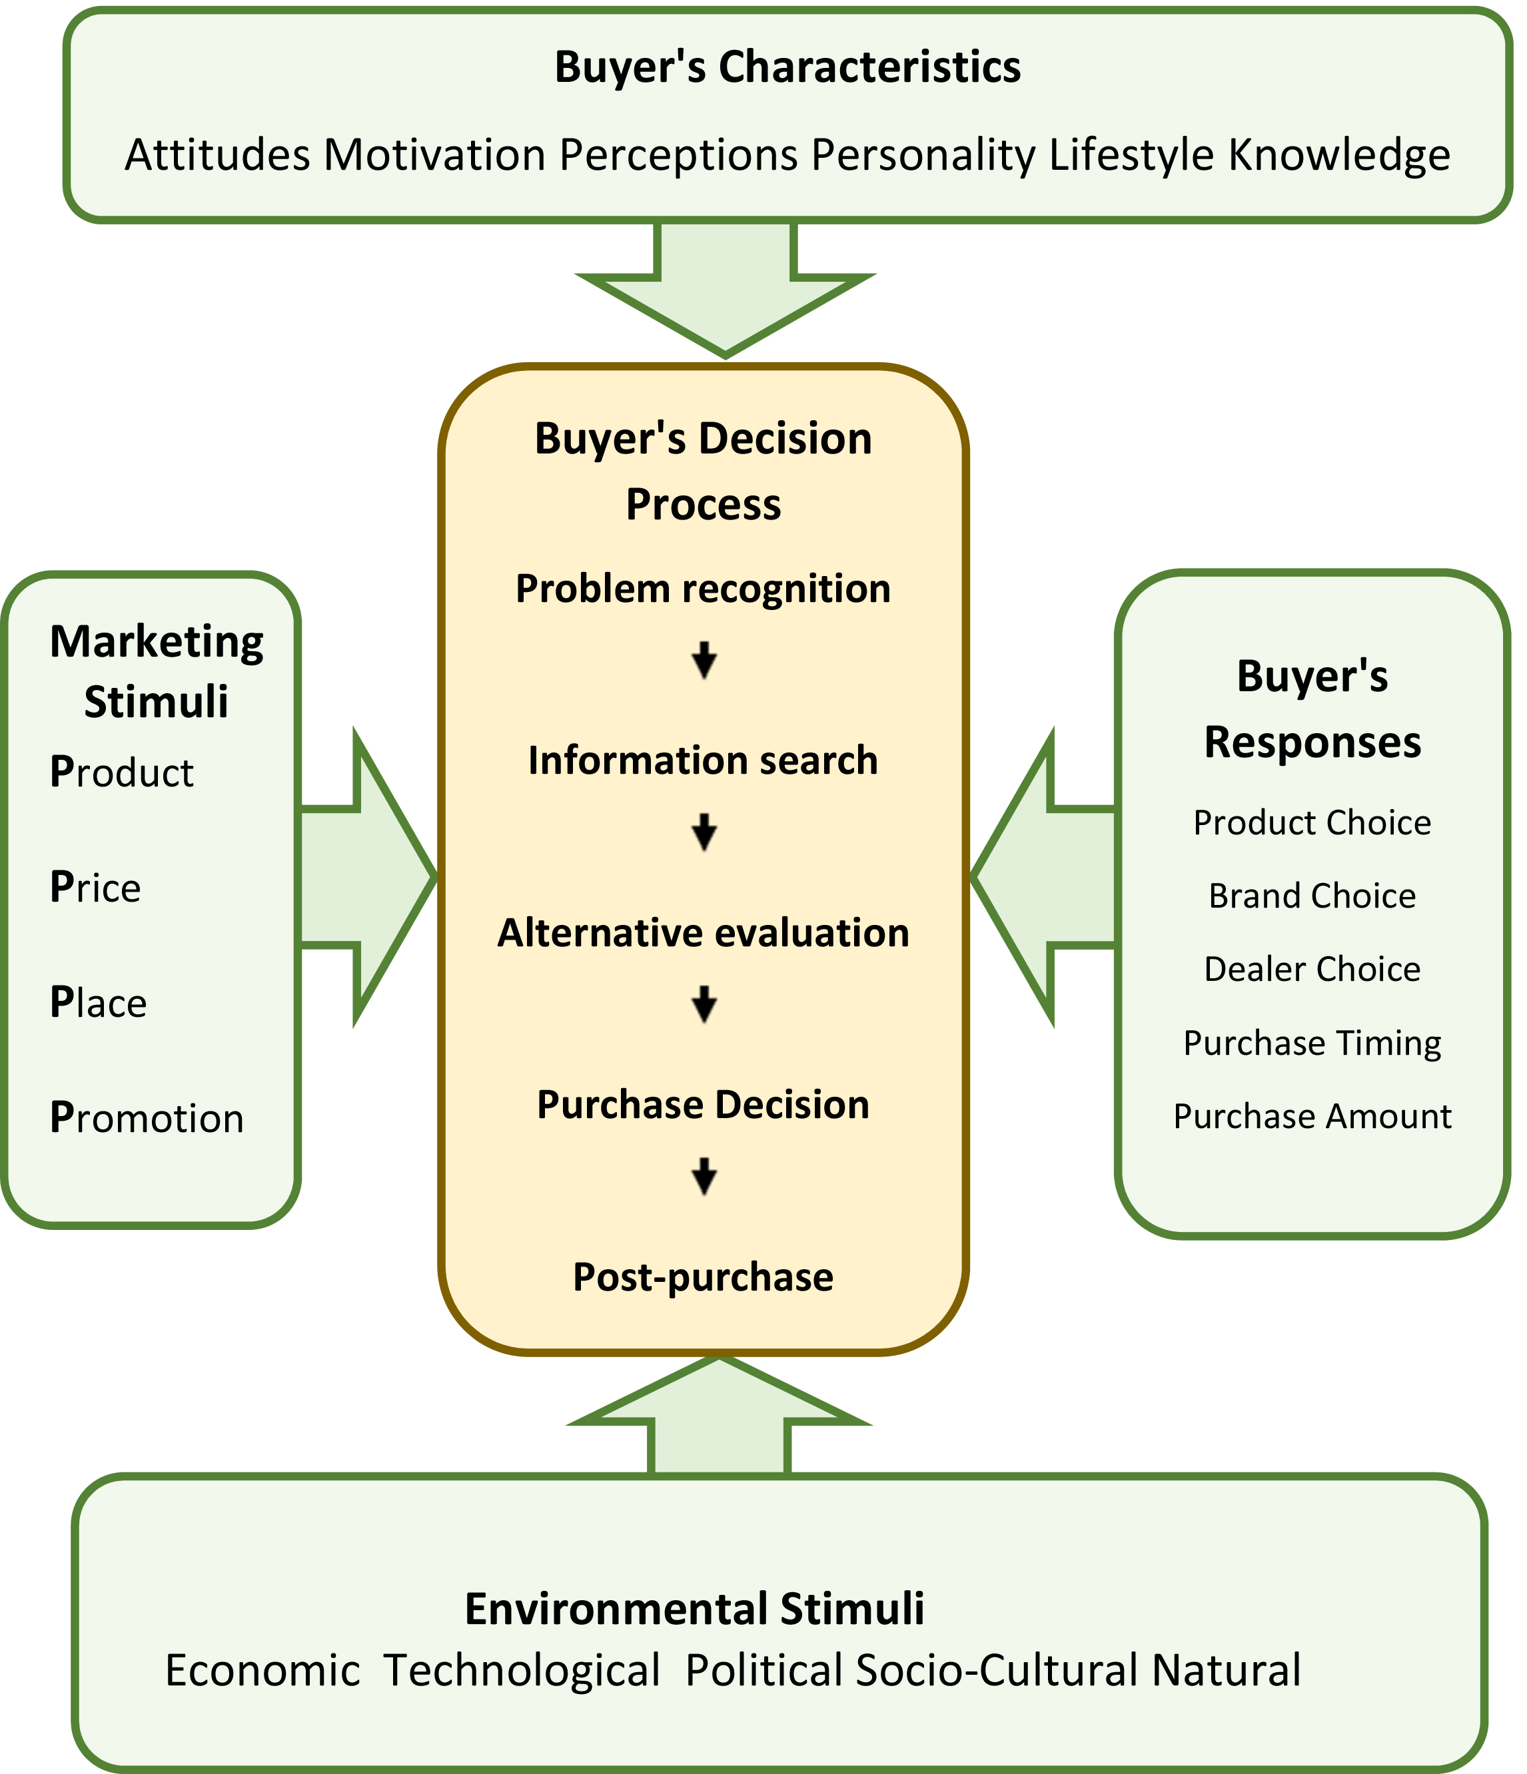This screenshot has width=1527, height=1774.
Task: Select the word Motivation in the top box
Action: pyautogui.click(x=434, y=156)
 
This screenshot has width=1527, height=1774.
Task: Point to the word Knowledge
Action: pyautogui.click(x=1339, y=156)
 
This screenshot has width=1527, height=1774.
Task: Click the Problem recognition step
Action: pyautogui.click(x=703, y=589)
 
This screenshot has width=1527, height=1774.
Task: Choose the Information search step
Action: pyautogui.click(x=703, y=760)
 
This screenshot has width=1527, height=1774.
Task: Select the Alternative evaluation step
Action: pyautogui.click(x=703, y=932)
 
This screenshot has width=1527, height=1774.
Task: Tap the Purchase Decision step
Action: pyautogui.click(x=703, y=1105)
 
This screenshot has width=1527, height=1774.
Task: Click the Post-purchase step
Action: pyautogui.click(x=703, y=1277)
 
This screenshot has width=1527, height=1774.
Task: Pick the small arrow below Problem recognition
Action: pyautogui.click(x=704, y=660)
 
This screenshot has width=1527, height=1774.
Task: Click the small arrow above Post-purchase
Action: pyautogui.click(x=704, y=1177)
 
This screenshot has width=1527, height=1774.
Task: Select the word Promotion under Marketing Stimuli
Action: pyautogui.click(x=147, y=1118)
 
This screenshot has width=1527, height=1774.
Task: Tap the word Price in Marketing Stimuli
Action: pyautogui.click(x=95, y=887)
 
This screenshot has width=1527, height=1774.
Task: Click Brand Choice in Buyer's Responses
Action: pyautogui.click(x=1312, y=896)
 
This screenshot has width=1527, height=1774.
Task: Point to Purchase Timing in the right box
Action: pyautogui.click(x=1312, y=1043)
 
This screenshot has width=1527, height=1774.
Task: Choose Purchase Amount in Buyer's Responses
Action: pyautogui.click(x=1312, y=1117)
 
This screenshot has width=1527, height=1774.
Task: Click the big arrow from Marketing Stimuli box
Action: pyautogui.click(x=364, y=877)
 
